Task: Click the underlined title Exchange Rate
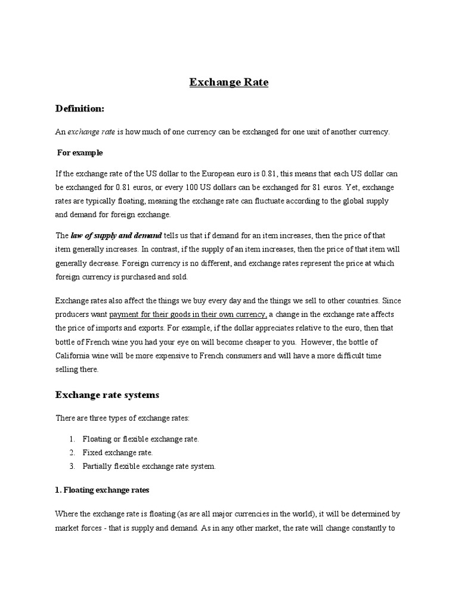228,83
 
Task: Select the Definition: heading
80,108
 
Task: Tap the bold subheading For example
80,152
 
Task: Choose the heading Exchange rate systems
107,394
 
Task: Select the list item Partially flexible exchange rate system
149,466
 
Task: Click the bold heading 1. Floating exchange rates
102,490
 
